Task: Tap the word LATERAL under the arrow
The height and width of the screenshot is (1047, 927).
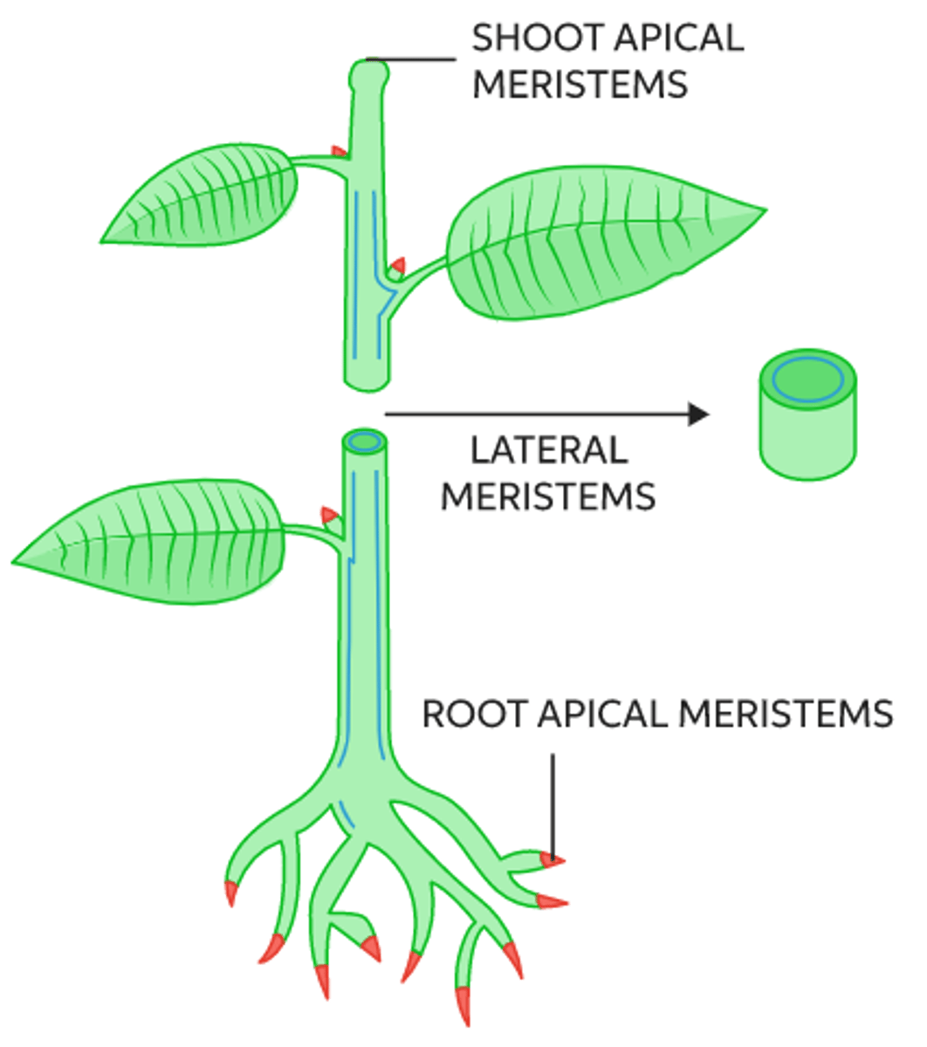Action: [548, 451]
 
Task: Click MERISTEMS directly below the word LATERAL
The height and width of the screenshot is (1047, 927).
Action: [548, 496]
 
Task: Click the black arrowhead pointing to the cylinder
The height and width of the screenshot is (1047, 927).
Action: [697, 414]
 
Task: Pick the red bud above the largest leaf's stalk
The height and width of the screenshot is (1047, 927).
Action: [397, 264]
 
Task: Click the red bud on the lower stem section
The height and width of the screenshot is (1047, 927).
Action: [330, 516]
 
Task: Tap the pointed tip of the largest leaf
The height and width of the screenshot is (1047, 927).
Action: [761, 209]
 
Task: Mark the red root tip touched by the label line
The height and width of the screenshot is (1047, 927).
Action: [552, 861]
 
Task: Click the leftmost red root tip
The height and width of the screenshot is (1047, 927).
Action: [230, 893]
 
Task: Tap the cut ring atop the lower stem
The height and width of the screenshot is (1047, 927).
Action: [363, 441]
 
